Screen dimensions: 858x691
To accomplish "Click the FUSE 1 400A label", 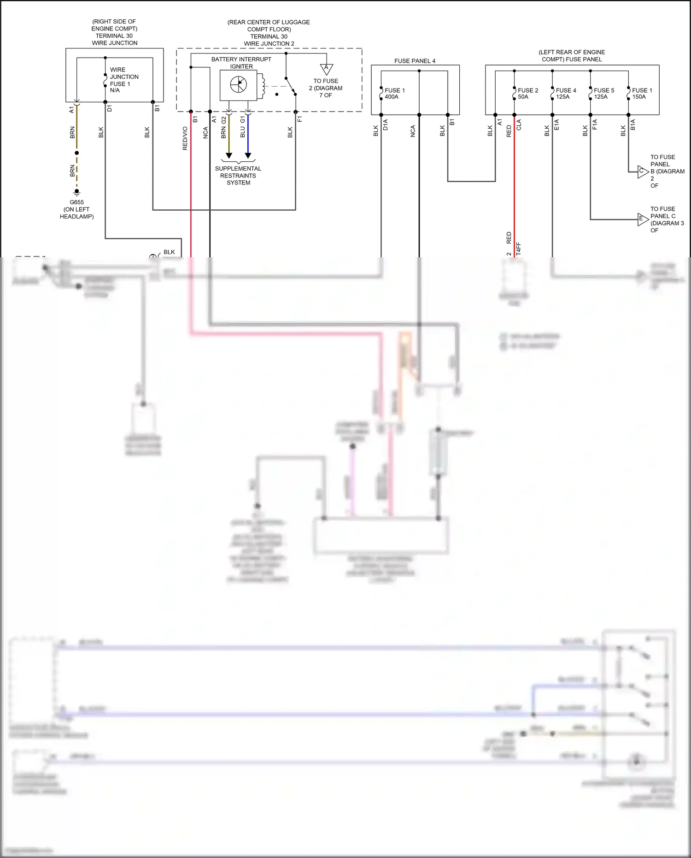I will point(394,94).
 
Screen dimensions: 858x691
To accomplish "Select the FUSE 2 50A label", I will point(527,94).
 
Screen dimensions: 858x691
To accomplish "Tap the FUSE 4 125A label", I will point(566,94).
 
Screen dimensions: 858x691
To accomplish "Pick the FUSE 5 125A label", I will point(603,94).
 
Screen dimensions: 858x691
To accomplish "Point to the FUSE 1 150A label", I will point(642,94).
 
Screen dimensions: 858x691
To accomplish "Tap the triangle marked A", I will point(327,69).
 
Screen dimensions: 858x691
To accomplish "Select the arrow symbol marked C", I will point(643,172).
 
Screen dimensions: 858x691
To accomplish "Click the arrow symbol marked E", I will point(643,219).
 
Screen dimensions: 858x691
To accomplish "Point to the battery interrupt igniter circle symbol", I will point(238,84).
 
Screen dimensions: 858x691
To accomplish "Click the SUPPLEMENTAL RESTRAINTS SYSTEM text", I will point(238,176).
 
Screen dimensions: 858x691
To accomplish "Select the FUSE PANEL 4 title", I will point(415,61).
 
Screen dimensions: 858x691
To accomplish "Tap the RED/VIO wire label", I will point(185,138).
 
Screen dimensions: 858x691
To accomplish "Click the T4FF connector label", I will point(518,249).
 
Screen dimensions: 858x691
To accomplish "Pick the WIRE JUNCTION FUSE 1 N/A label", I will point(123,80).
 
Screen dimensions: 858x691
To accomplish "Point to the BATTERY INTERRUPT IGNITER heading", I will point(241,63).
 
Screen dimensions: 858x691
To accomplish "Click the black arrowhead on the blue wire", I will point(248,156).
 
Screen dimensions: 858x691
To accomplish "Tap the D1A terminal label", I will point(386,124).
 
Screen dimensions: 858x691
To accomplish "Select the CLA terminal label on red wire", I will point(519,124).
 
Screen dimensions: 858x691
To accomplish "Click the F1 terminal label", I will point(300,119).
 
